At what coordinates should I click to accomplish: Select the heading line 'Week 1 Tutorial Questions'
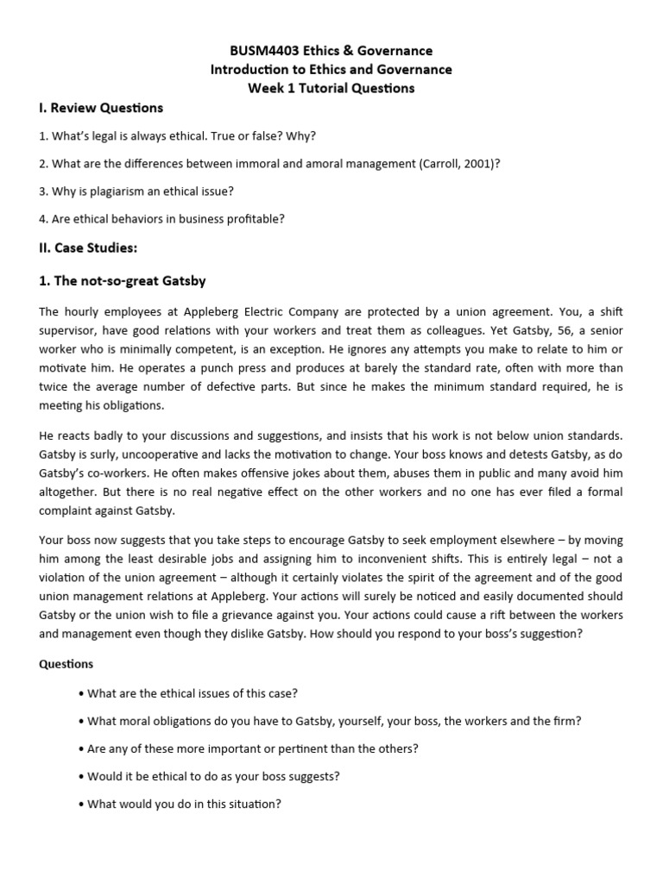point(331,88)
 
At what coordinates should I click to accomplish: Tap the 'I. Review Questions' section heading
point(101,108)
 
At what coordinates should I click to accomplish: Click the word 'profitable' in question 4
point(255,219)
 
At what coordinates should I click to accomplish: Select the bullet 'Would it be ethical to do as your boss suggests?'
point(213,776)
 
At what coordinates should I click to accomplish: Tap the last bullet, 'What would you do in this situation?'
point(184,804)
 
